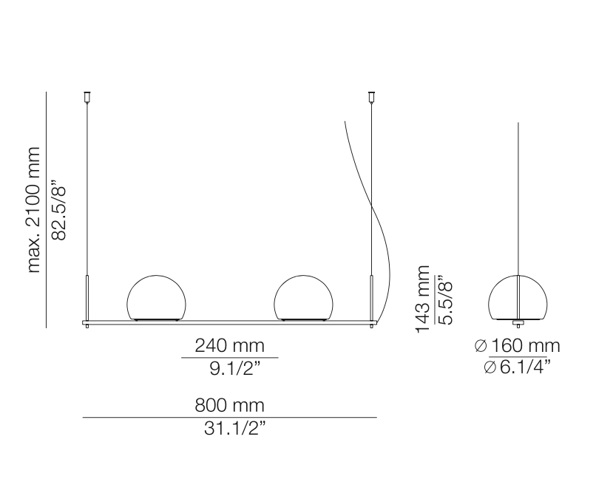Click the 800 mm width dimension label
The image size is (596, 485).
(229, 405)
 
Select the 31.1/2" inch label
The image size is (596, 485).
(234, 429)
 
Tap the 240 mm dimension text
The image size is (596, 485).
(229, 346)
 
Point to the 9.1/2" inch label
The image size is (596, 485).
(235, 368)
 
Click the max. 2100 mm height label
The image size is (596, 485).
(34, 209)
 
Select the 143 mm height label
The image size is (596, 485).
(423, 299)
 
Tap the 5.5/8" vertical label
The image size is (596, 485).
(444, 300)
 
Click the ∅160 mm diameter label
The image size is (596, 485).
(518, 346)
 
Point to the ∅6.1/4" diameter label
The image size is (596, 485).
(518, 367)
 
